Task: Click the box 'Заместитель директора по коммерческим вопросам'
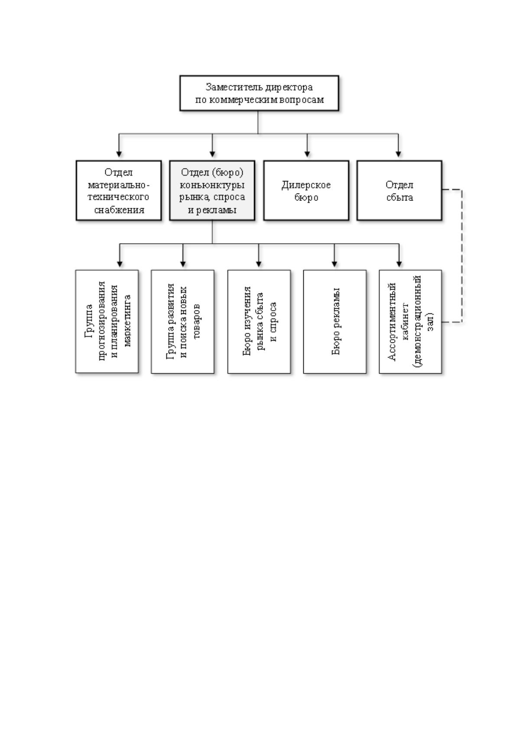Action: [x=259, y=93]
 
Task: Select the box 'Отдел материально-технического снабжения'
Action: [x=119, y=190]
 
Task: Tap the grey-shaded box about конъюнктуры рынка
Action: [x=212, y=190]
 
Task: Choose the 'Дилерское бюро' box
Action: [x=306, y=190]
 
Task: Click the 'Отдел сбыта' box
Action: [x=399, y=190]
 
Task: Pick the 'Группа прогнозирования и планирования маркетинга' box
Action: [x=107, y=321]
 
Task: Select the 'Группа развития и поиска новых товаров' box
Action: [x=182, y=321]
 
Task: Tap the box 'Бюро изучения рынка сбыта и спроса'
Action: [x=259, y=321]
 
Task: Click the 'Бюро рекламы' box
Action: [x=334, y=321]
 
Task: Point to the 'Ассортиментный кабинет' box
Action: [x=410, y=321]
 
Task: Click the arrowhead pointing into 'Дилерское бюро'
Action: [x=307, y=154]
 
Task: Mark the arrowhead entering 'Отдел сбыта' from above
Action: [x=398, y=154]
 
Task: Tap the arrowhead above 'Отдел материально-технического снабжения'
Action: [x=119, y=154]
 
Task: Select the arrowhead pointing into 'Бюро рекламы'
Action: [x=334, y=264]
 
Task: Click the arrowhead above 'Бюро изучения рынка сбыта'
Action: [x=258, y=264]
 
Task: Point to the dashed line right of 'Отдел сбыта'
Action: [x=461, y=255]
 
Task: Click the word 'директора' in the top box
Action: [x=289, y=87]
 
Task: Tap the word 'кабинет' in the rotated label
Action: [x=406, y=322]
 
